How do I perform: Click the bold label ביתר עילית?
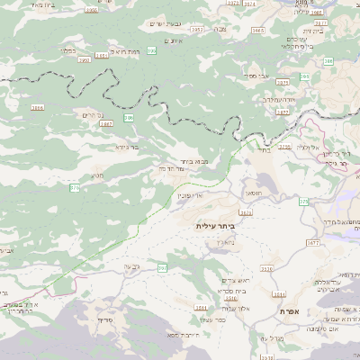[214, 226]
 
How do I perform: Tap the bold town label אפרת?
[289, 311]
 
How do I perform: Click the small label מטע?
[96, 175]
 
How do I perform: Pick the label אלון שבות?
[226, 308]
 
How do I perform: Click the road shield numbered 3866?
[37, 107]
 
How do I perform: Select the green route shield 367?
[162, 268]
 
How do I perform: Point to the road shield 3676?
[246, 213]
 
